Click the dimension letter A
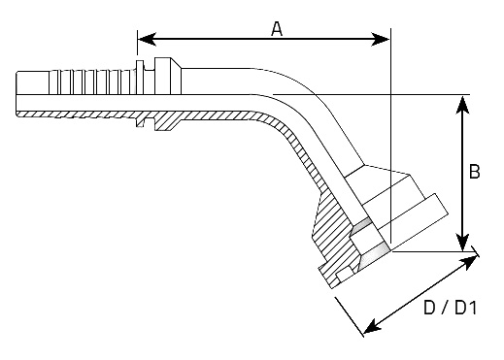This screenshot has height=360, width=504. pyautogui.click(x=277, y=29)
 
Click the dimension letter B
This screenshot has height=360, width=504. pyautogui.click(x=474, y=172)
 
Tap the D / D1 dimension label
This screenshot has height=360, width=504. pyautogui.click(x=451, y=308)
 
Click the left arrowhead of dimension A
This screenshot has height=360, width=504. pyautogui.click(x=148, y=39)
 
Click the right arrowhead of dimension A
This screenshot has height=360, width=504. pyautogui.click(x=381, y=40)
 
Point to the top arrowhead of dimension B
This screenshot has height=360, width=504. pyautogui.click(x=463, y=104)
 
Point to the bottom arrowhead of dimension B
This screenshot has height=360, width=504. pyautogui.click(x=463, y=242)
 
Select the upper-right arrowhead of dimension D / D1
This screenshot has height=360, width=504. pyautogui.click(x=470, y=261)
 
